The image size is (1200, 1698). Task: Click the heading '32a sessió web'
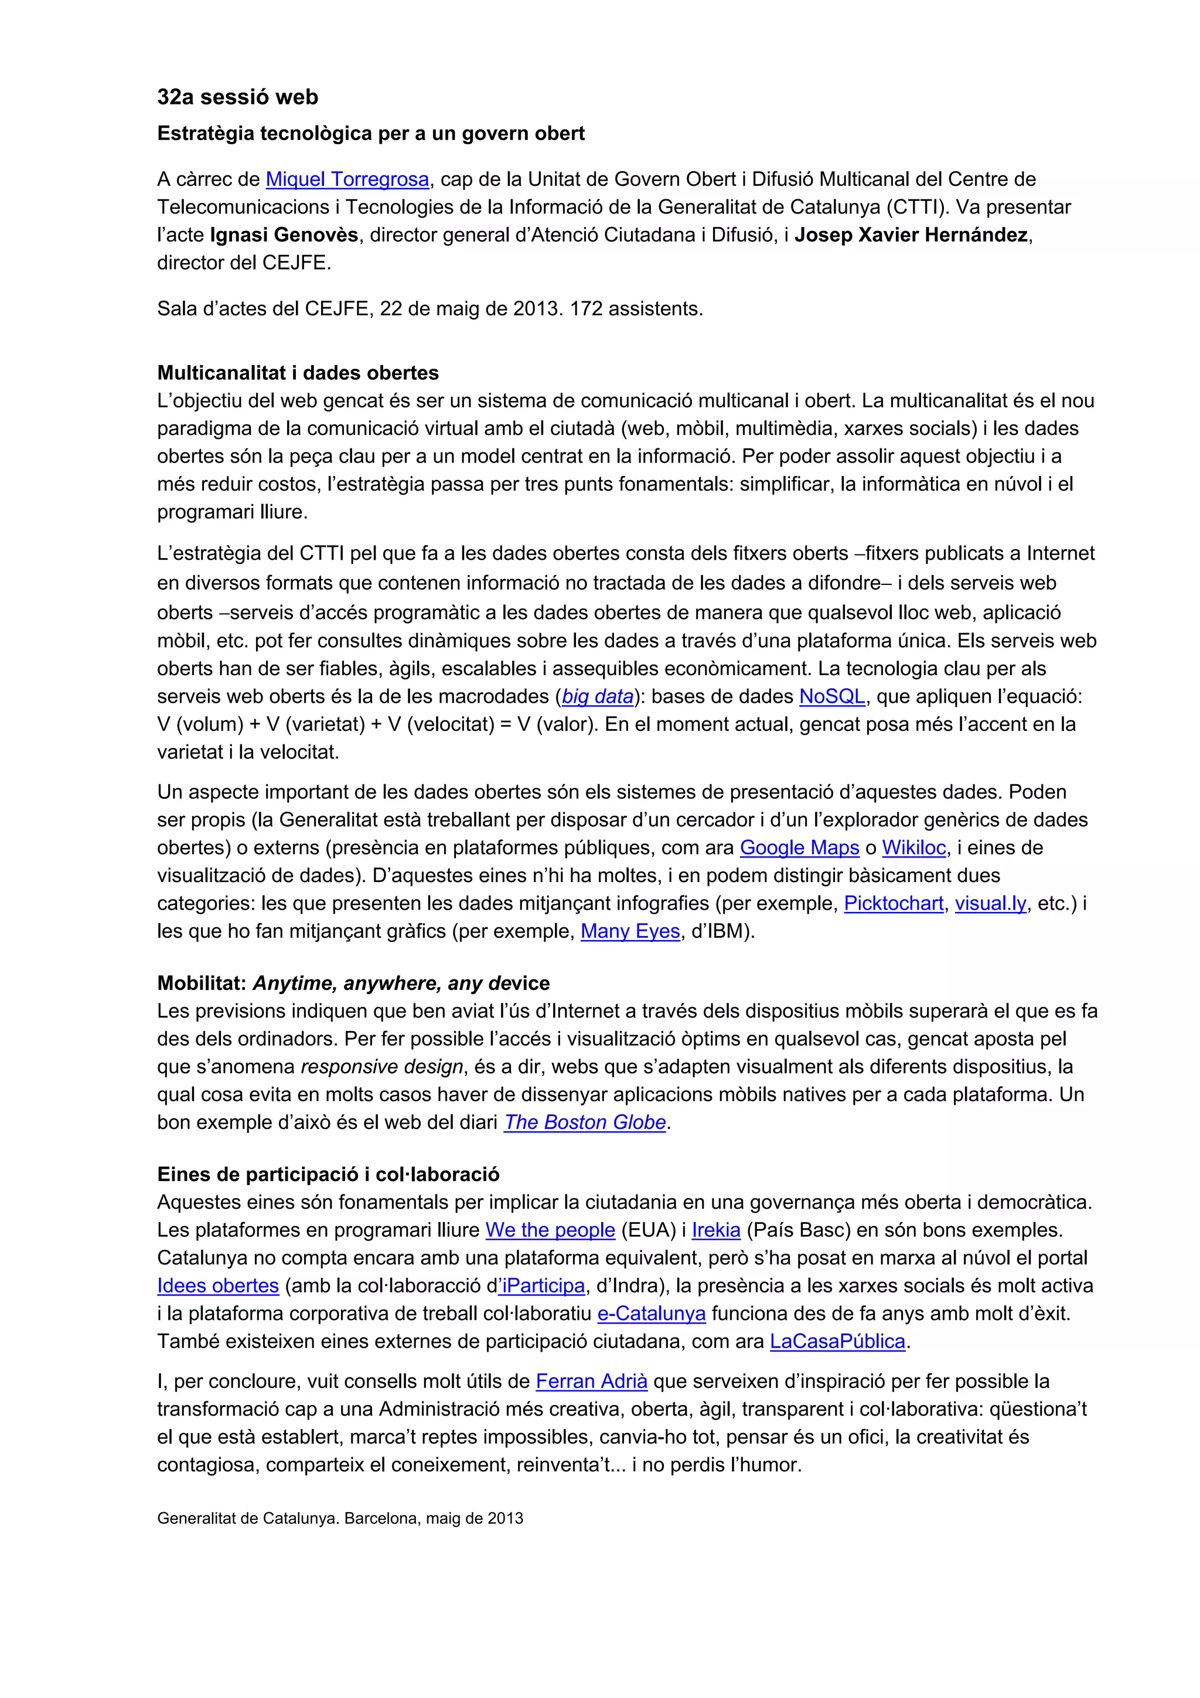(x=237, y=97)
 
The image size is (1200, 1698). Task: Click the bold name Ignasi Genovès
(x=284, y=235)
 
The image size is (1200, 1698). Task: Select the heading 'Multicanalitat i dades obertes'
(x=298, y=373)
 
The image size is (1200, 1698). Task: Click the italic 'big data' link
(x=598, y=697)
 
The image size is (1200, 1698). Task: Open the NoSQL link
(x=832, y=697)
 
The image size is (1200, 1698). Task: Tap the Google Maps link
(x=799, y=848)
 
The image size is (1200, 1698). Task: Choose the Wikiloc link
(x=914, y=848)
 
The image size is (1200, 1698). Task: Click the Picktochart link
(x=893, y=904)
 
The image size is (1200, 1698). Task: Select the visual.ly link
(x=990, y=904)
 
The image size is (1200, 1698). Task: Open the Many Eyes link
(x=630, y=931)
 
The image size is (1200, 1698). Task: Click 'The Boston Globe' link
(x=585, y=1122)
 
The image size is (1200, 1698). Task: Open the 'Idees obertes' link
(x=218, y=1286)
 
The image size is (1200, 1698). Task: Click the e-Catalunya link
(x=652, y=1314)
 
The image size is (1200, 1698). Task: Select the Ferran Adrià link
(x=591, y=1381)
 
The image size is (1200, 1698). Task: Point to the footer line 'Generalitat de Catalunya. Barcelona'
(x=339, y=1518)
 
